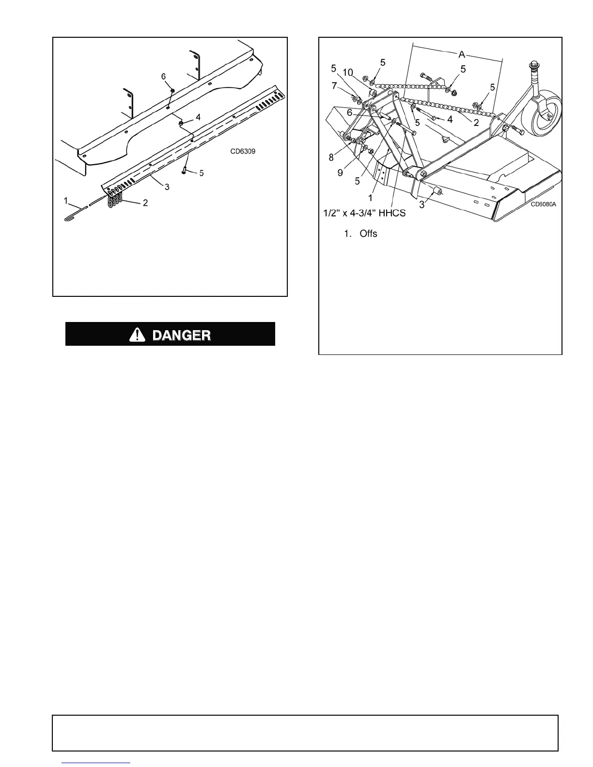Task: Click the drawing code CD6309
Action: coord(243,151)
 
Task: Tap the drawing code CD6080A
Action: coord(543,204)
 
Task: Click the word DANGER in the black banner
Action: coord(182,335)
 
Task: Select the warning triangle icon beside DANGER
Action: coord(138,334)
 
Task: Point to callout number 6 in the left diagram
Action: coord(164,77)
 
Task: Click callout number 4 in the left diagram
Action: coord(198,117)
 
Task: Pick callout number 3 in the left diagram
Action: coord(167,186)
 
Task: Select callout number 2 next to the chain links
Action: coord(145,203)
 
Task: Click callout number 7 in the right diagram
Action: coord(334,86)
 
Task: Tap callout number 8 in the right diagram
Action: coord(331,157)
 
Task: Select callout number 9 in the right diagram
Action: coord(340,172)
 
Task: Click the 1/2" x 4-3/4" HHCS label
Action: coord(364,213)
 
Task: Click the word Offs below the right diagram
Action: coord(368,234)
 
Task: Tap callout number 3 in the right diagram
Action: coord(422,204)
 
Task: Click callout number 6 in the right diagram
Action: coord(349,112)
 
